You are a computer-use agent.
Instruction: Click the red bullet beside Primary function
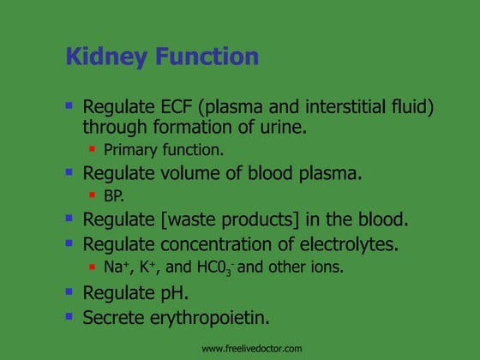pyautogui.click(x=93, y=149)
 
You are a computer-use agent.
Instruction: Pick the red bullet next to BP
pyautogui.click(x=93, y=195)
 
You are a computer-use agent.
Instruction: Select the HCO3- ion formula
pyautogui.click(x=214, y=267)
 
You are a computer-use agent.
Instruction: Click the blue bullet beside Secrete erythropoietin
pyautogui.click(x=69, y=315)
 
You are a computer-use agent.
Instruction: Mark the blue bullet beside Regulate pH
pyautogui.click(x=69, y=291)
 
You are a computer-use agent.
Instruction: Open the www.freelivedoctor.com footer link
pyautogui.click(x=251, y=348)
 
